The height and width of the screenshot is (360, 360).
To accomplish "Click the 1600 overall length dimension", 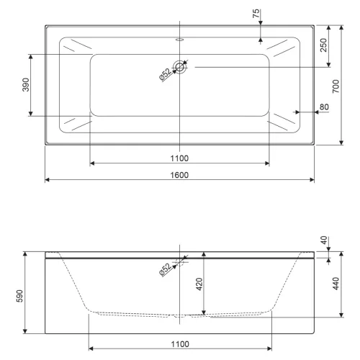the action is pyautogui.click(x=179, y=175).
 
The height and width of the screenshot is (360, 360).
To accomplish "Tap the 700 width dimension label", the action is pyautogui.click(x=336, y=86).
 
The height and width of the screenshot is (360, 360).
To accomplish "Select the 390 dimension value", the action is pyautogui.click(x=26, y=85).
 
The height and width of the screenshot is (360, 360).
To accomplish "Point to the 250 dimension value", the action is pyautogui.click(x=323, y=45).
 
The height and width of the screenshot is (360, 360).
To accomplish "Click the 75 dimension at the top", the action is pyautogui.click(x=256, y=14).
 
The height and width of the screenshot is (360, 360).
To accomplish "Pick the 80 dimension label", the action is pyautogui.click(x=324, y=107).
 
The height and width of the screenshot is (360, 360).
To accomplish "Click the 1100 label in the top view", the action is pyautogui.click(x=179, y=158).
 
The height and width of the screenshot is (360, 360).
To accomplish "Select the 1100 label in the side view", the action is pyautogui.click(x=180, y=344).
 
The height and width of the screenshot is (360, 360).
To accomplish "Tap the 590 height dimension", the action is pyautogui.click(x=19, y=296).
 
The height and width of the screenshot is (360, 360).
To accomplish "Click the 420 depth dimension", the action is pyautogui.click(x=199, y=284).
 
